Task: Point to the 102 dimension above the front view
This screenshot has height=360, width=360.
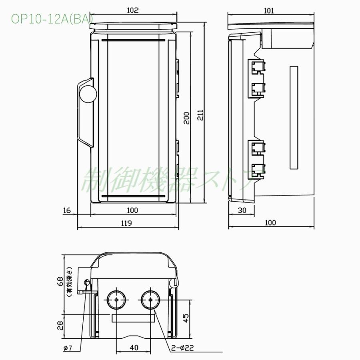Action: point(132,10)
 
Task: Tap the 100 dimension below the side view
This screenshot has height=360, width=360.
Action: point(270,223)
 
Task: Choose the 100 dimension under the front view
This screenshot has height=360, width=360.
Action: point(132,210)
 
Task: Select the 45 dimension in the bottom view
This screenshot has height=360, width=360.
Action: point(185,318)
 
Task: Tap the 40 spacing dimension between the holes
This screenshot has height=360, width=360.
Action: point(134,348)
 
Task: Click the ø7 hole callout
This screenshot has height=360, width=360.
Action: point(68,348)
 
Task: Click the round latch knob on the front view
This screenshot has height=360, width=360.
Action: point(88,94)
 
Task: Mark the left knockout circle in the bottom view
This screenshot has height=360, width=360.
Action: point(116,299)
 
